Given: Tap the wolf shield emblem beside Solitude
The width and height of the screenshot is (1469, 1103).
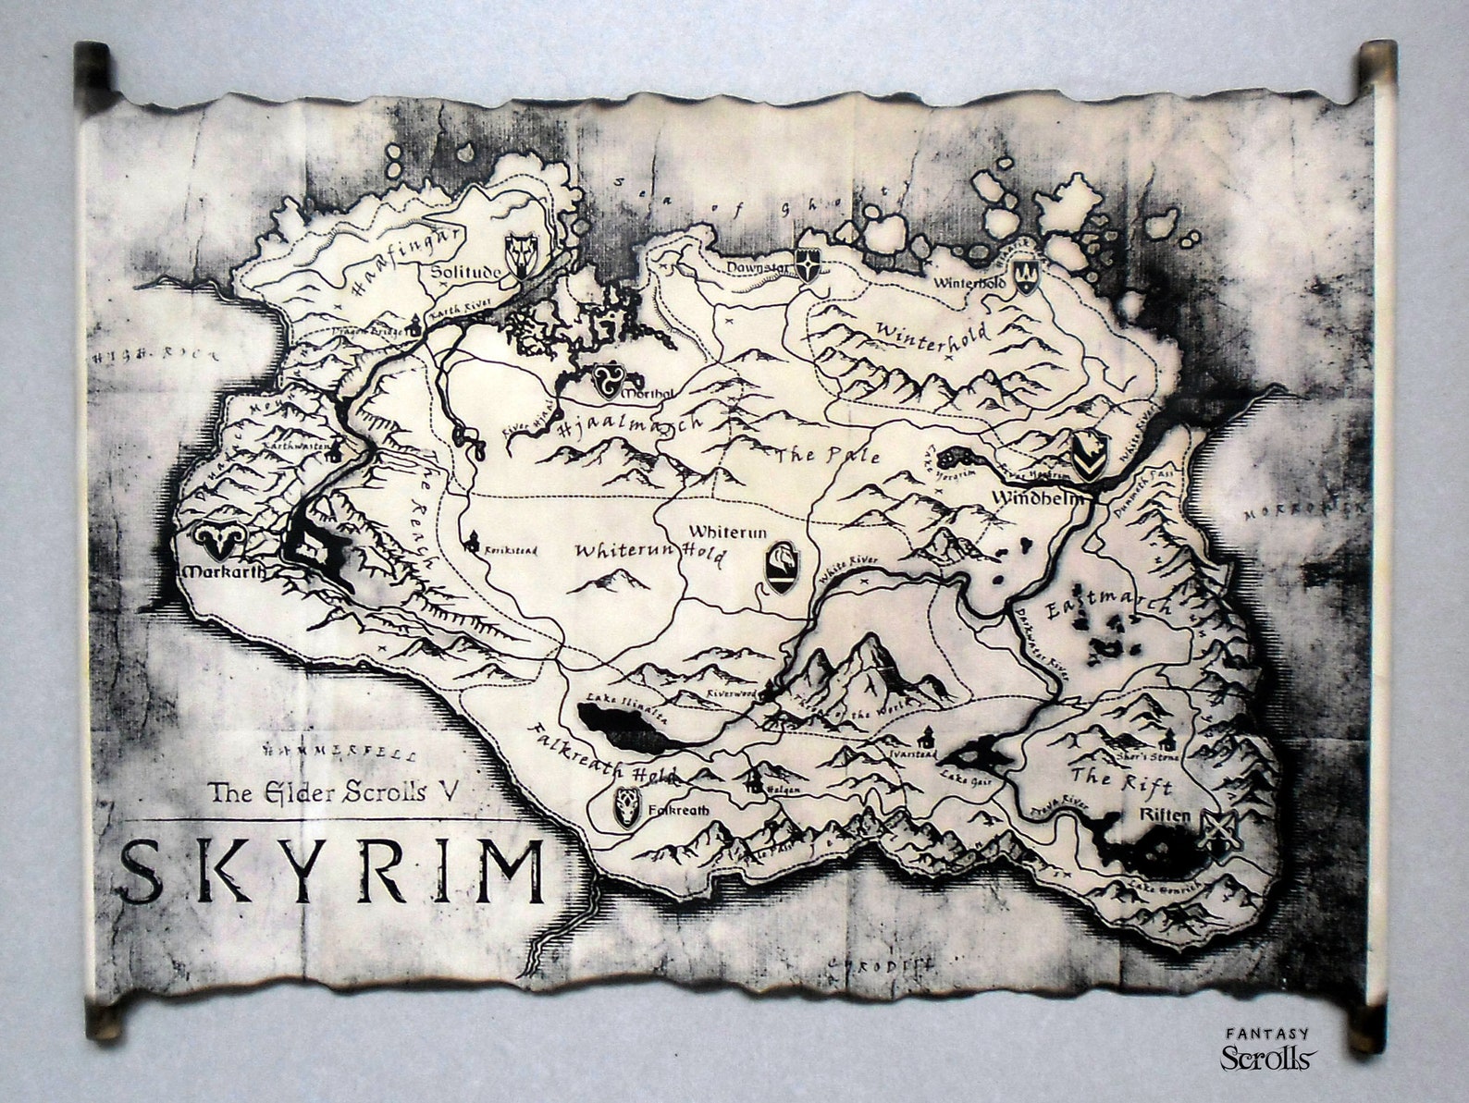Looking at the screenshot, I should pyautogui.click(x=520, y=253).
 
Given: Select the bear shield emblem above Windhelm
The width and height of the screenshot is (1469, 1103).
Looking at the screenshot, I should pyautogui.click(x=1086, y=457).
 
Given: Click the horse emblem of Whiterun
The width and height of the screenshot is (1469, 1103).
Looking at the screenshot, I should pyautogui.click(x=780, y=564).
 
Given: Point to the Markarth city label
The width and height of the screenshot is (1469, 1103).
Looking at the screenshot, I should pyautogui.click(x=224, y=570).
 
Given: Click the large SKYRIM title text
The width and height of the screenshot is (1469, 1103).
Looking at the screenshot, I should pyautogui.click(x=333, y=871).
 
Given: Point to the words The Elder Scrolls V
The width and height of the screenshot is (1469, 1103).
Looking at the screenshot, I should pyautogui.click(x=333, y=791).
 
